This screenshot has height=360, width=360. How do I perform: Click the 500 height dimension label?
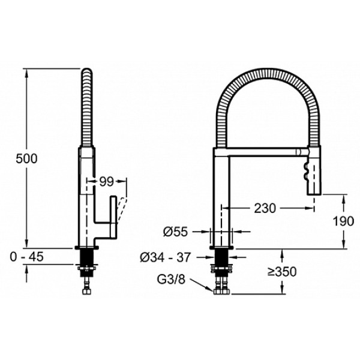[26, 158]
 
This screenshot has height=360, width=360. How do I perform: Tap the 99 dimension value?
[107, 182]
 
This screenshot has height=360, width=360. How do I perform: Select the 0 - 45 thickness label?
[26, 257]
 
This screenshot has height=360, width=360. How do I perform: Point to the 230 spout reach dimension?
[265, 208]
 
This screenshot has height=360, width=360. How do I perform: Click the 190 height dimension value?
[343, 221]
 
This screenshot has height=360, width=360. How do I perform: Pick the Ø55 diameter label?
[175, 232]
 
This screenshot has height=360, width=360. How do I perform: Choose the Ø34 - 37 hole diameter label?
[166, 257]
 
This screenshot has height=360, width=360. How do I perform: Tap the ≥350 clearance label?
[282, 272]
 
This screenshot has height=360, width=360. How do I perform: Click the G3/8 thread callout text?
[171, 280]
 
